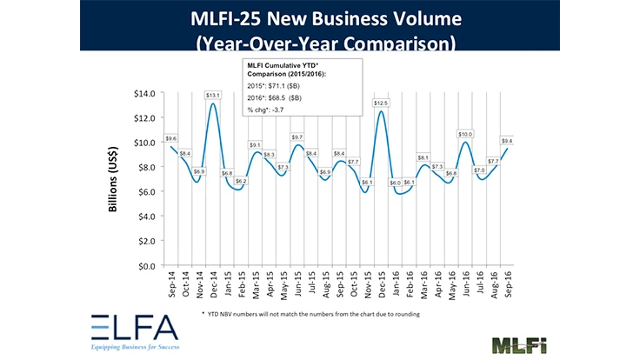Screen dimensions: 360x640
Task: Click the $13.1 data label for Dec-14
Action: click(x=212, y=95)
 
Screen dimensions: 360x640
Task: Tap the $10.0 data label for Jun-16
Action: click(x=465, y=134)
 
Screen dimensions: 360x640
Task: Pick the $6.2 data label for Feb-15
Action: click(x=240, y=181)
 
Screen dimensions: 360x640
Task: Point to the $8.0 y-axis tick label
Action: click(x=145, y=167)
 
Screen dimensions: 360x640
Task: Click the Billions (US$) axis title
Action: click(x=114, y=179)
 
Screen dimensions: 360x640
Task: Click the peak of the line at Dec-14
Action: click(x=213, y=104)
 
